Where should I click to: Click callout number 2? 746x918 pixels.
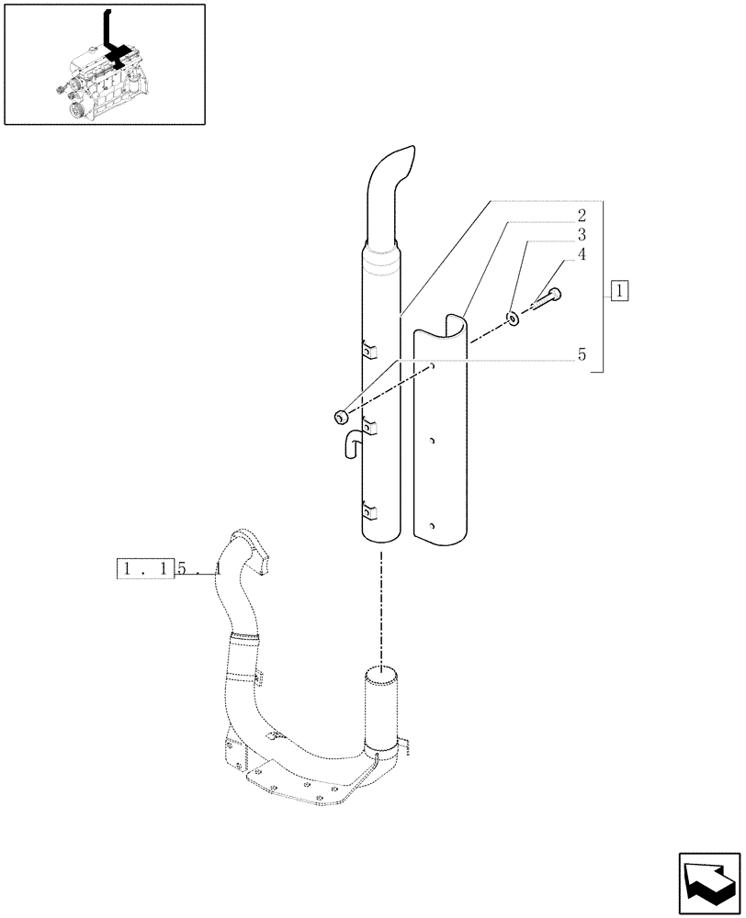[581, 217]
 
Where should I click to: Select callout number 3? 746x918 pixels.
[581, 235]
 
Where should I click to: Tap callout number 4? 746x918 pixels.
[581, 254]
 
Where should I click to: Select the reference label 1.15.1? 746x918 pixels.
[170, 569]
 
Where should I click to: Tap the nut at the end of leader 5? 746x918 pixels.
[342, 417]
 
